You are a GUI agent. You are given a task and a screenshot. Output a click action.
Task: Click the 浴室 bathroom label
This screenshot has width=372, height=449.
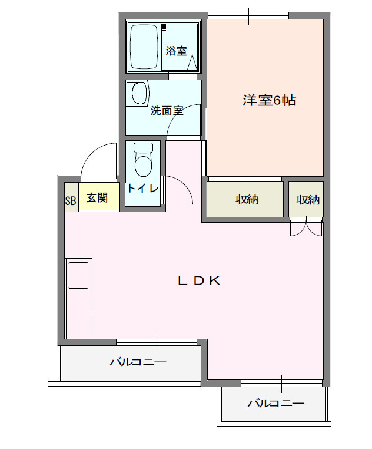pyautogui.click(x=176, y=51)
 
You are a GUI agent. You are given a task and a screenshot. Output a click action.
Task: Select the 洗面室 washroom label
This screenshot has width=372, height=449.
pyautogui.click(x=167, y=110)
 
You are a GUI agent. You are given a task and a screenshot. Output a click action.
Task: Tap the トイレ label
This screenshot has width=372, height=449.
pyautogui.click(x=143, y=189)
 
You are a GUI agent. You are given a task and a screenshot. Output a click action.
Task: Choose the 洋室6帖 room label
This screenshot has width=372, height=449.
pyautogui.click(x=269, y=100)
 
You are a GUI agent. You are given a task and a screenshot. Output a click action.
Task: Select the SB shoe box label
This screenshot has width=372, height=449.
pyautogui.click(x=71, y=200)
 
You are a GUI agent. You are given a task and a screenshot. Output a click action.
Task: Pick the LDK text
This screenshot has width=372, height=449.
pyautogui.click(x=199, y=281)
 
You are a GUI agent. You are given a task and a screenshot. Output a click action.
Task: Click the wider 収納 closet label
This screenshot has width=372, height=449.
pyautogui.click(x=247, y=200)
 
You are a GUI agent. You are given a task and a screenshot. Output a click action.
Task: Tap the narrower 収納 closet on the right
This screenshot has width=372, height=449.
pyautogui.click(x=307, y=200)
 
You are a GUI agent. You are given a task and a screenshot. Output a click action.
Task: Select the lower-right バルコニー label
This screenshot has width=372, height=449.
pyautogui.click(x=275, y=404)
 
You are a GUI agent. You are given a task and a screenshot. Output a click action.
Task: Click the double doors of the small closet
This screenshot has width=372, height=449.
pyautogui.click(x=306, y=227)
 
